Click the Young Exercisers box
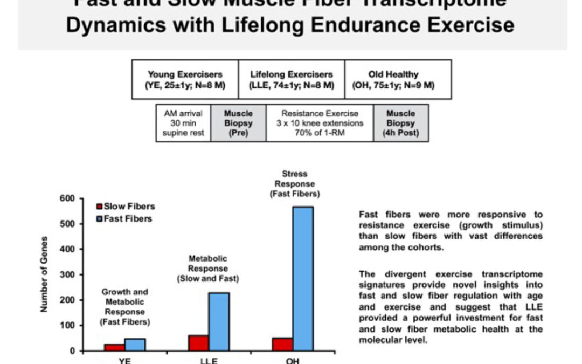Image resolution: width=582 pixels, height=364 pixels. pyautogui.click(x=185, y=80)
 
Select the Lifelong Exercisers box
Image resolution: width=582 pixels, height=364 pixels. pyautogui.click(x=292, y=80)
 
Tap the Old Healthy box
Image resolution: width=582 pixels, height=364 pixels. pyautogui.click(x=398, y=80)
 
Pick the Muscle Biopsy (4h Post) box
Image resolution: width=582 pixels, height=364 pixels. pyautogui.click(x=401, y=123)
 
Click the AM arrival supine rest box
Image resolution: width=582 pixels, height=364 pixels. pyautogui.click(x=183, y=123)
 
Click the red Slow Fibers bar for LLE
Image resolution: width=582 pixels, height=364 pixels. pyautogui.click(x=198, y=343)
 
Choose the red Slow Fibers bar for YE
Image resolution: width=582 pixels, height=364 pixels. pyautogui.click(x=114, y=347)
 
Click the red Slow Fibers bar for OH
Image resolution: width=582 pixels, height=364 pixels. pyautogui.click(x=282, y=344)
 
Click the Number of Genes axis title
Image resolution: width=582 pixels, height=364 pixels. pyautogui.click(x=45, y=274)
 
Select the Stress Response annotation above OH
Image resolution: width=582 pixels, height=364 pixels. pyautogui.click(x=294, y=183)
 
